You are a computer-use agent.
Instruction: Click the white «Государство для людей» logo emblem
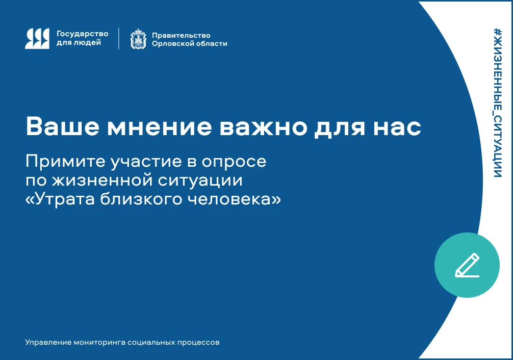(37, 39)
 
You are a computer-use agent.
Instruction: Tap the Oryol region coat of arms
(138, 39)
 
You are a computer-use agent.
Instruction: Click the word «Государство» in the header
(83, 34)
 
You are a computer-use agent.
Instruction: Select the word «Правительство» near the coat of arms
(181, 35)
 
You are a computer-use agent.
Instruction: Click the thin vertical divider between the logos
(119, 39)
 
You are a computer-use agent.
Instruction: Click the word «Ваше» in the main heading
(63, 126)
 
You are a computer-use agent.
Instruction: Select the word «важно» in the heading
(263, 127)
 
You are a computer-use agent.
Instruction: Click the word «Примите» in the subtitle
(65, 161)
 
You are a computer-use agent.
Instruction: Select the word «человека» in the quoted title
(234, 199)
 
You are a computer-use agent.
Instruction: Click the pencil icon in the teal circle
(467, 265)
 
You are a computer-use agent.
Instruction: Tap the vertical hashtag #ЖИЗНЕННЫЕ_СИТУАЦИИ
(497, 103)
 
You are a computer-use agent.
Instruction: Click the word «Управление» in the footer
(48, 342)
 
